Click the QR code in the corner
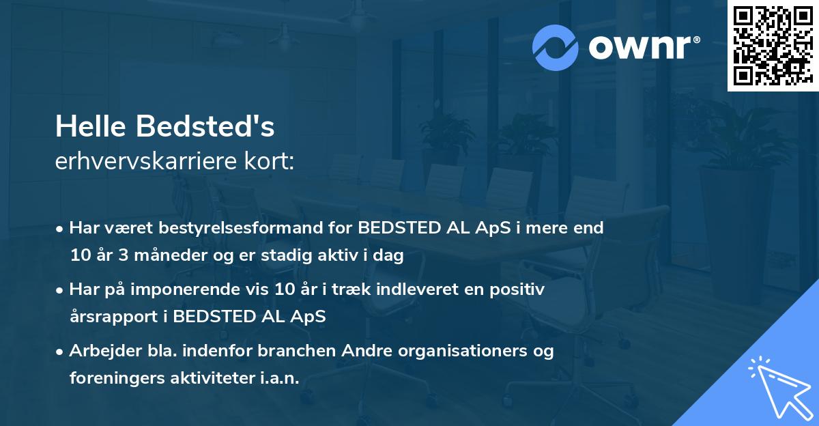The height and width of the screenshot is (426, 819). pyautogui.click(x=773, y=46)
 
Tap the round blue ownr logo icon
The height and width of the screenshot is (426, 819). pyautogui.click(x=556, y=48)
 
